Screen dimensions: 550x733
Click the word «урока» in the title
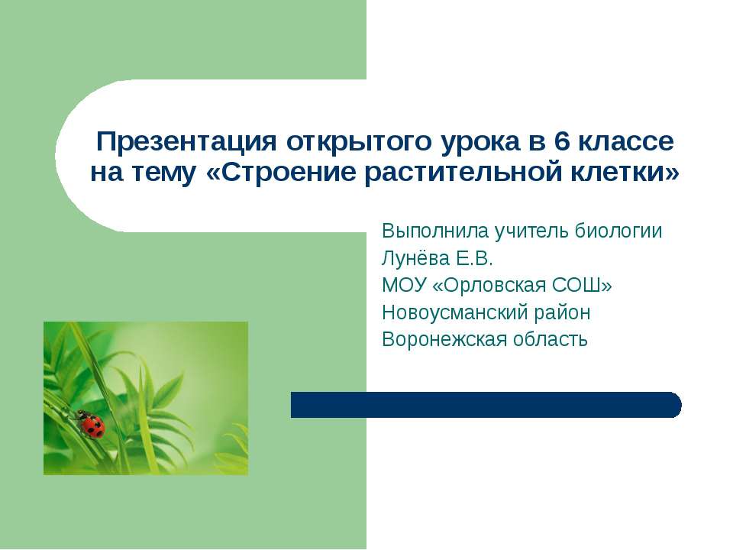tap(482, 142)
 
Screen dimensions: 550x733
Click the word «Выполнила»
tap(436, 231)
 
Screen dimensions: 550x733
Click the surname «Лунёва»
tap(417, 258)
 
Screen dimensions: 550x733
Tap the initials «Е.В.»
tap(481, 258)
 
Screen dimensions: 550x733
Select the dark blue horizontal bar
tap(486, 405)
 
